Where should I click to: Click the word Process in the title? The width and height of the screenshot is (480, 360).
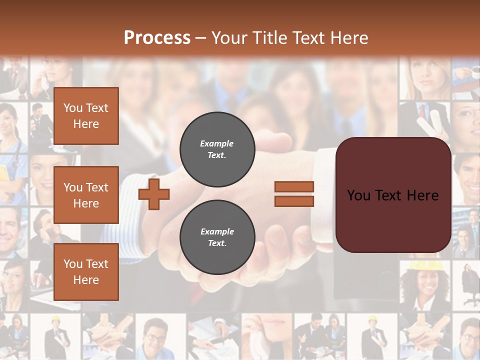[157, 38]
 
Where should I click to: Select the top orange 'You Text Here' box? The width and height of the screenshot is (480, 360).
[86, 116]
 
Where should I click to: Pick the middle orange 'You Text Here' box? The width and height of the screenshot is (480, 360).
[86, 195]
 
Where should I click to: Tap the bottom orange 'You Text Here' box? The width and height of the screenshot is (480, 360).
[86, 272]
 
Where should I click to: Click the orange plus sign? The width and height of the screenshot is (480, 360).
[154, 194]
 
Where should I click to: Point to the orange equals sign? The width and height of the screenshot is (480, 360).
[294, 194]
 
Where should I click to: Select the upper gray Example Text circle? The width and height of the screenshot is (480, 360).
[217, 149]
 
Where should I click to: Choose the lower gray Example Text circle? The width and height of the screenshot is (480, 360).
[217, 237]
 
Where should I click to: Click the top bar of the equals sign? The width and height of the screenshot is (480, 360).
[294, 187]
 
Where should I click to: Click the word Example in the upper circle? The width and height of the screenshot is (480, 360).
[217, 143]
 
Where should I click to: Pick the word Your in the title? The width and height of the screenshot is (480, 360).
[229, 38]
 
